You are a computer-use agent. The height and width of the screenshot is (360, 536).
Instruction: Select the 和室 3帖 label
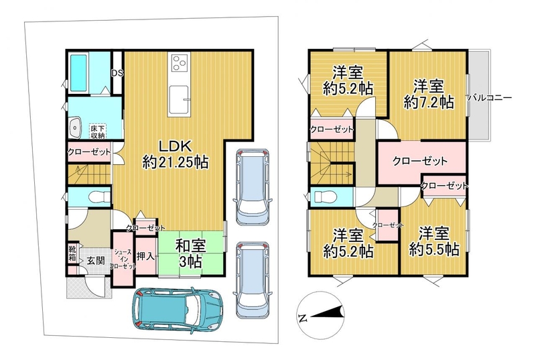pos(191,253)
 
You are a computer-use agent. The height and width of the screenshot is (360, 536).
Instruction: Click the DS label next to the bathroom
pos(118,74)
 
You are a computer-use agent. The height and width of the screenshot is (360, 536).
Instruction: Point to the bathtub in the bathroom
pos(79,73)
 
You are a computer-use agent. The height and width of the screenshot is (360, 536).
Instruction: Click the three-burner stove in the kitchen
pos(179,63)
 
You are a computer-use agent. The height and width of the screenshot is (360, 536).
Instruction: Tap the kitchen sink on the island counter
pos(179,99)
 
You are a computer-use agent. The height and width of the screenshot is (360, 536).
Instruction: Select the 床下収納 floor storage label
pos(97,131)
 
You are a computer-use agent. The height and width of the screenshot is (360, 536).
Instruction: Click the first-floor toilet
pos(99,197)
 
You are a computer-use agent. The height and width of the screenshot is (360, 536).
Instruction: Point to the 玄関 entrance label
pos(95,261)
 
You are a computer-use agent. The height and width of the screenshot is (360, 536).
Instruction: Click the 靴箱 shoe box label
pos(72,253)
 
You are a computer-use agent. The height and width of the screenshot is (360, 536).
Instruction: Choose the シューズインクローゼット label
pos(123,259)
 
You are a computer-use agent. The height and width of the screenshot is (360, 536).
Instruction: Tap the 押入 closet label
pos(145,256)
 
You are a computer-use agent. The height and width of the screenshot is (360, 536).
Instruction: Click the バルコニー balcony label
pos(490,97)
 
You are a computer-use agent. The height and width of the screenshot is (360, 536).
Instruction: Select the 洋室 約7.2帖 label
pos(429,94)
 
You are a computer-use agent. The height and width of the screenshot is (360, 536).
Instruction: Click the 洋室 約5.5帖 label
pos(433,241)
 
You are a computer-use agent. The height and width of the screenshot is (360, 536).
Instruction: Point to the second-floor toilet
pos(325,197)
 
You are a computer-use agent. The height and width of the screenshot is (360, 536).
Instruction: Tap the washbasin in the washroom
pos(75,127)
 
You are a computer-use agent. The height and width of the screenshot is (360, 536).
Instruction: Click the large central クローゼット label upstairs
pos(420,161)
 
